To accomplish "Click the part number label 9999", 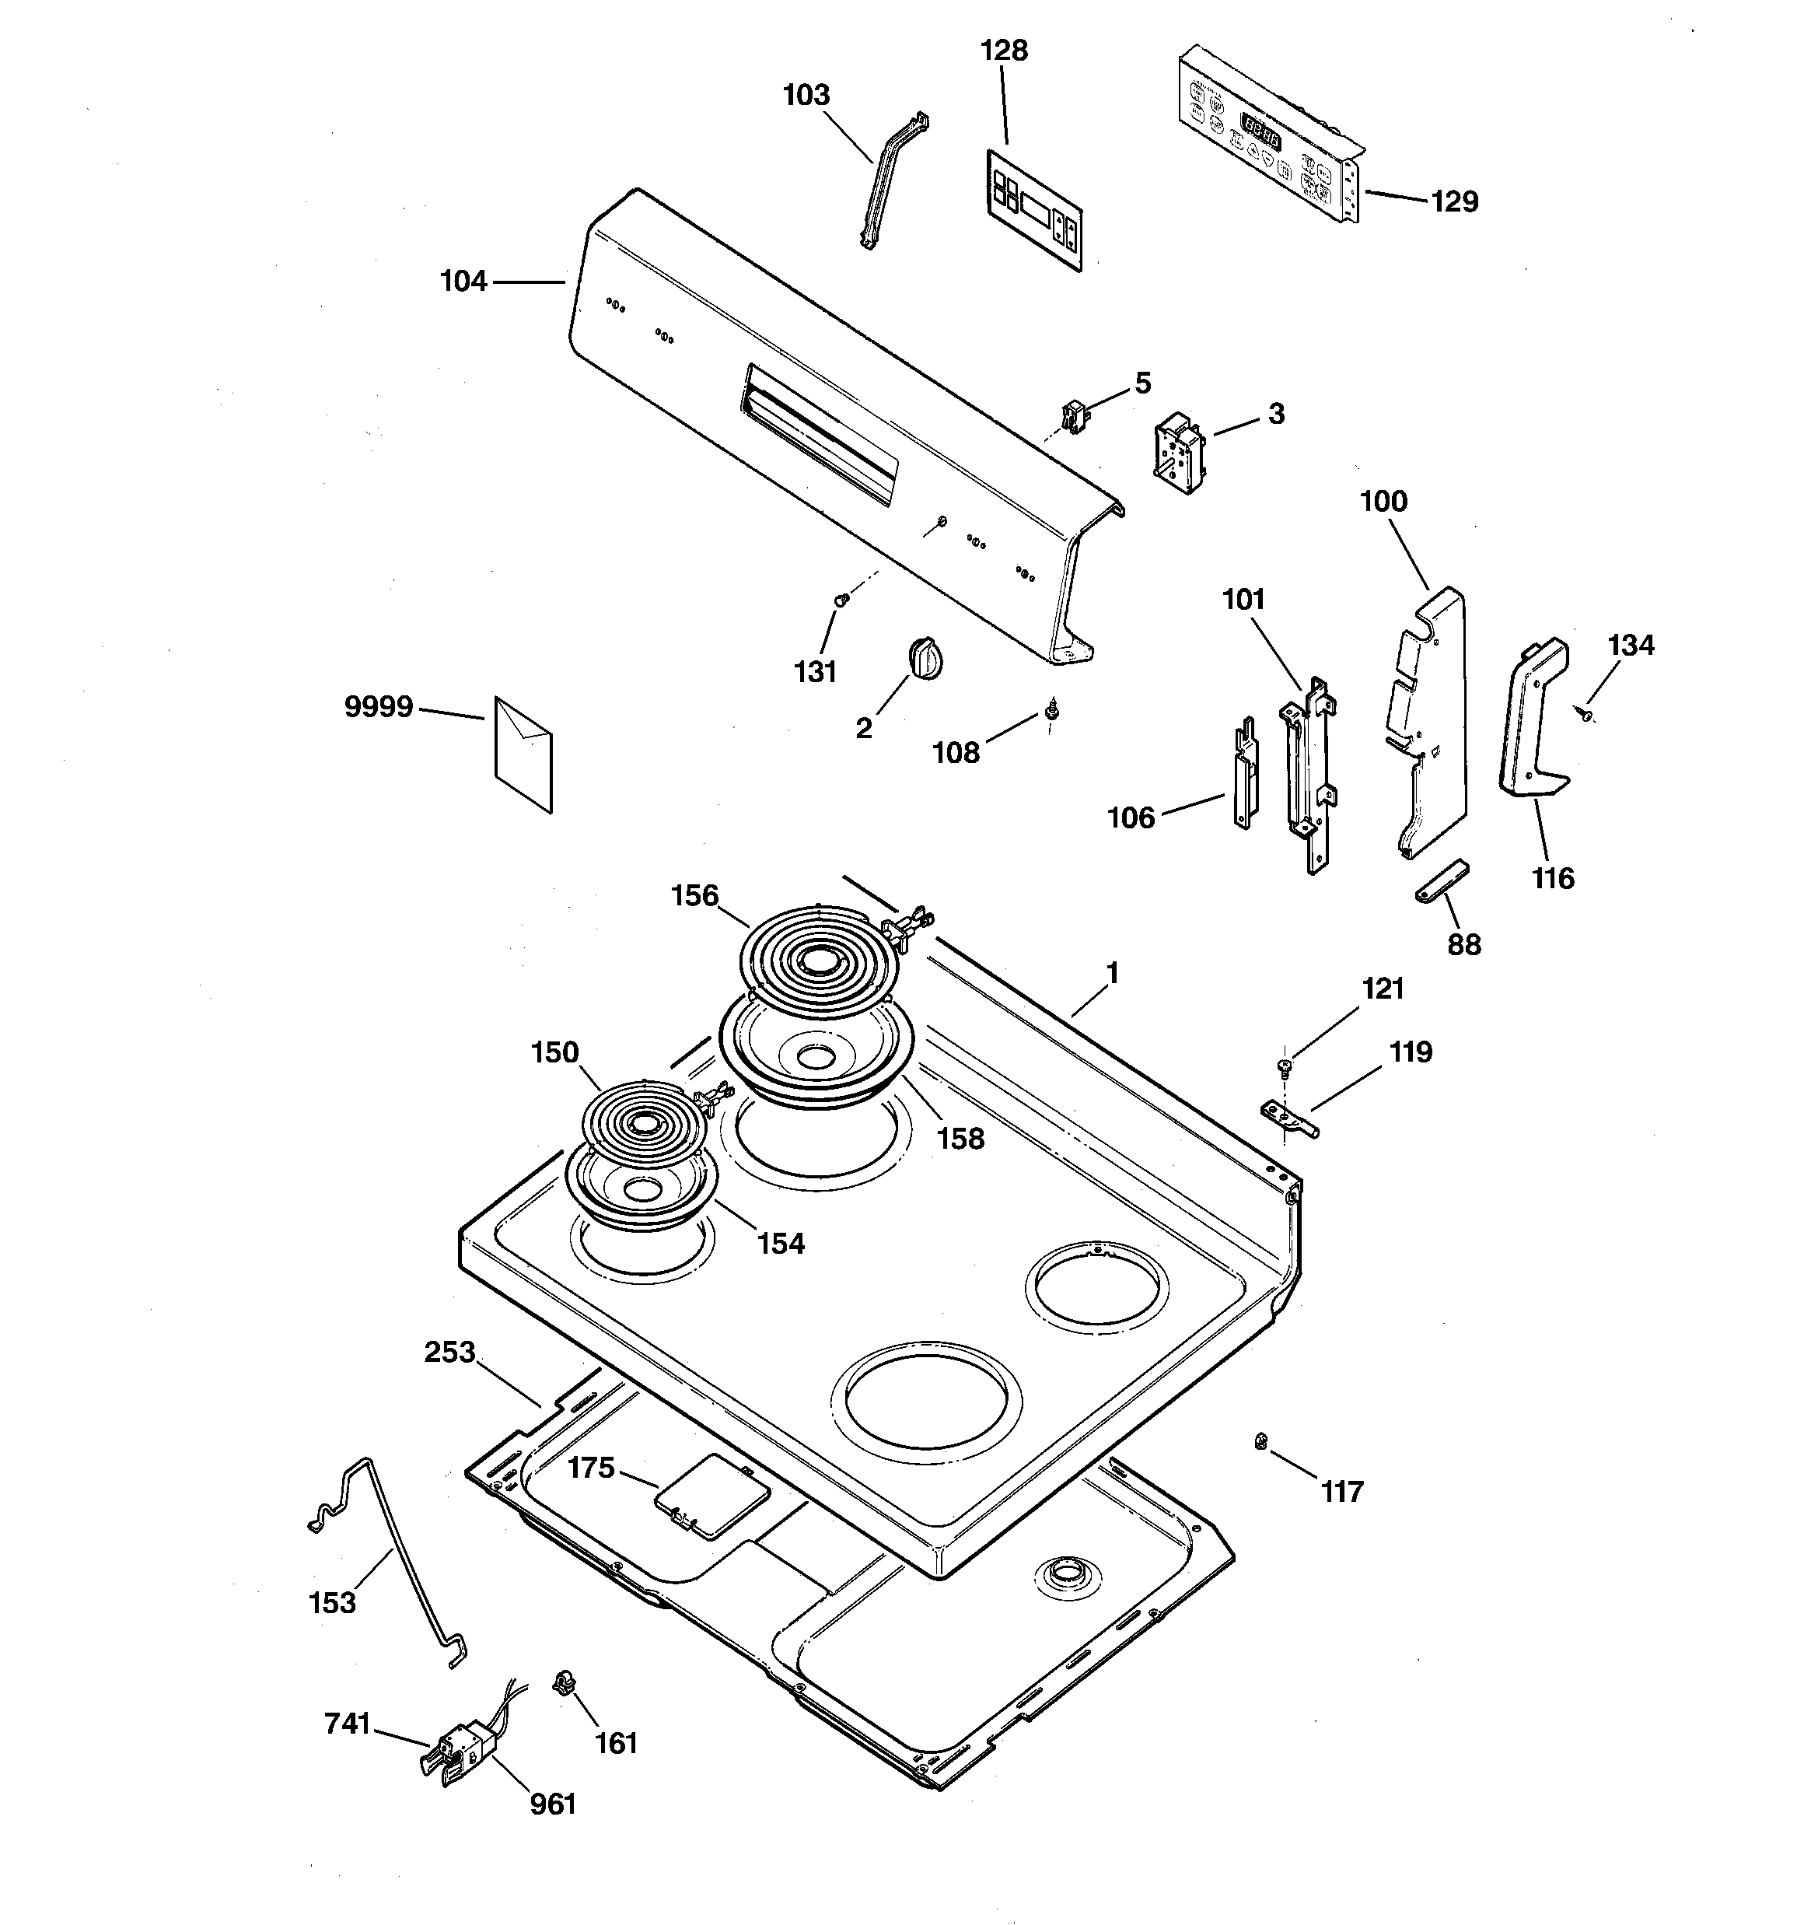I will coord(379,708).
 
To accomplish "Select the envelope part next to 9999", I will coord(523,754).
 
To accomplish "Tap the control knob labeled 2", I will coord(927,656).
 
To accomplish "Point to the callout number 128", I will coord(1003,51).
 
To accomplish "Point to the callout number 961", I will coord(553,1803).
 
